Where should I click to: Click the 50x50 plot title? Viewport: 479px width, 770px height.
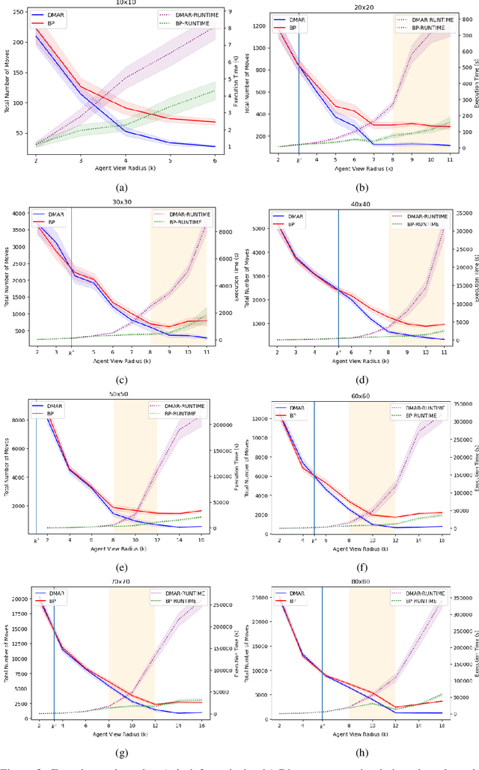point(123,393)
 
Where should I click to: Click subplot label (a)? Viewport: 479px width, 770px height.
point(124,187)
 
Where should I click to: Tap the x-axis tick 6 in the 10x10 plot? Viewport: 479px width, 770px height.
point(215,160)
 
